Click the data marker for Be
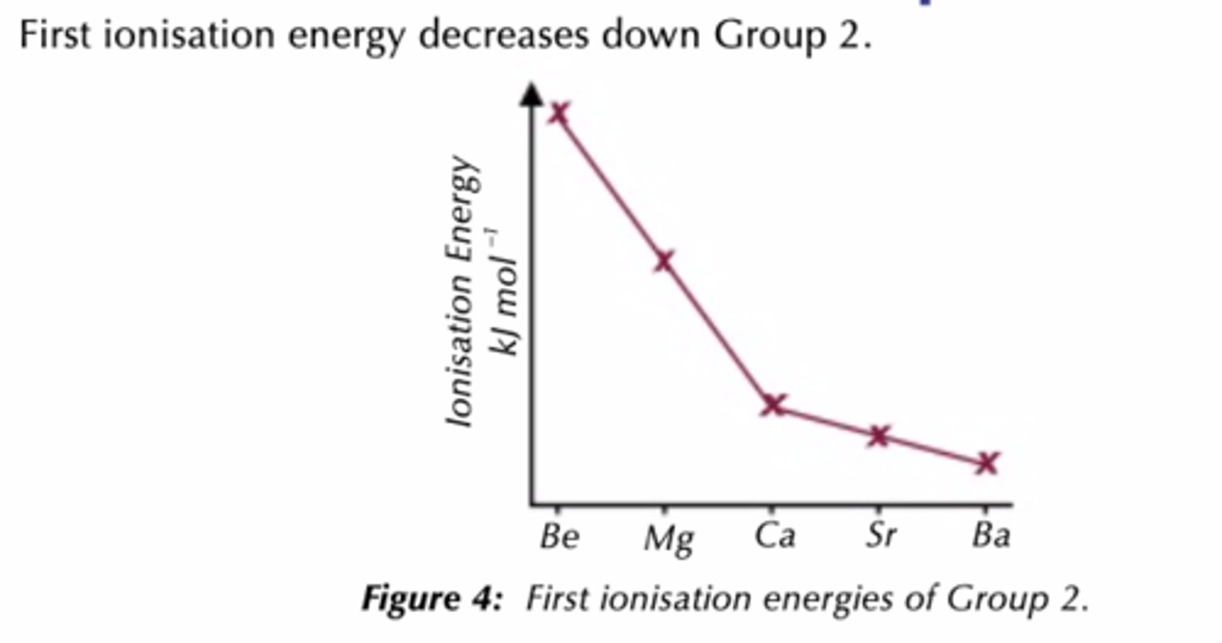coord(558,113)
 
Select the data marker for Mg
coord(664,261)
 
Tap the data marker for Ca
coord(773,404)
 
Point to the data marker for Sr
coord(879,436)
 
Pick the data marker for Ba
coord(986,463)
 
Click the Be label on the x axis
coord(559,537)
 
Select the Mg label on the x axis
coord(668,539)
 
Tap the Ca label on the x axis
coord(775,537)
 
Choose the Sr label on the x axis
coord(881,537)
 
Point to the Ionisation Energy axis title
coord(464,291)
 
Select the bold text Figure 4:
coord(432,600)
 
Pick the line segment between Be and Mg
coord(611,187)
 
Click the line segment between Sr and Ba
coord(933,449)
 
